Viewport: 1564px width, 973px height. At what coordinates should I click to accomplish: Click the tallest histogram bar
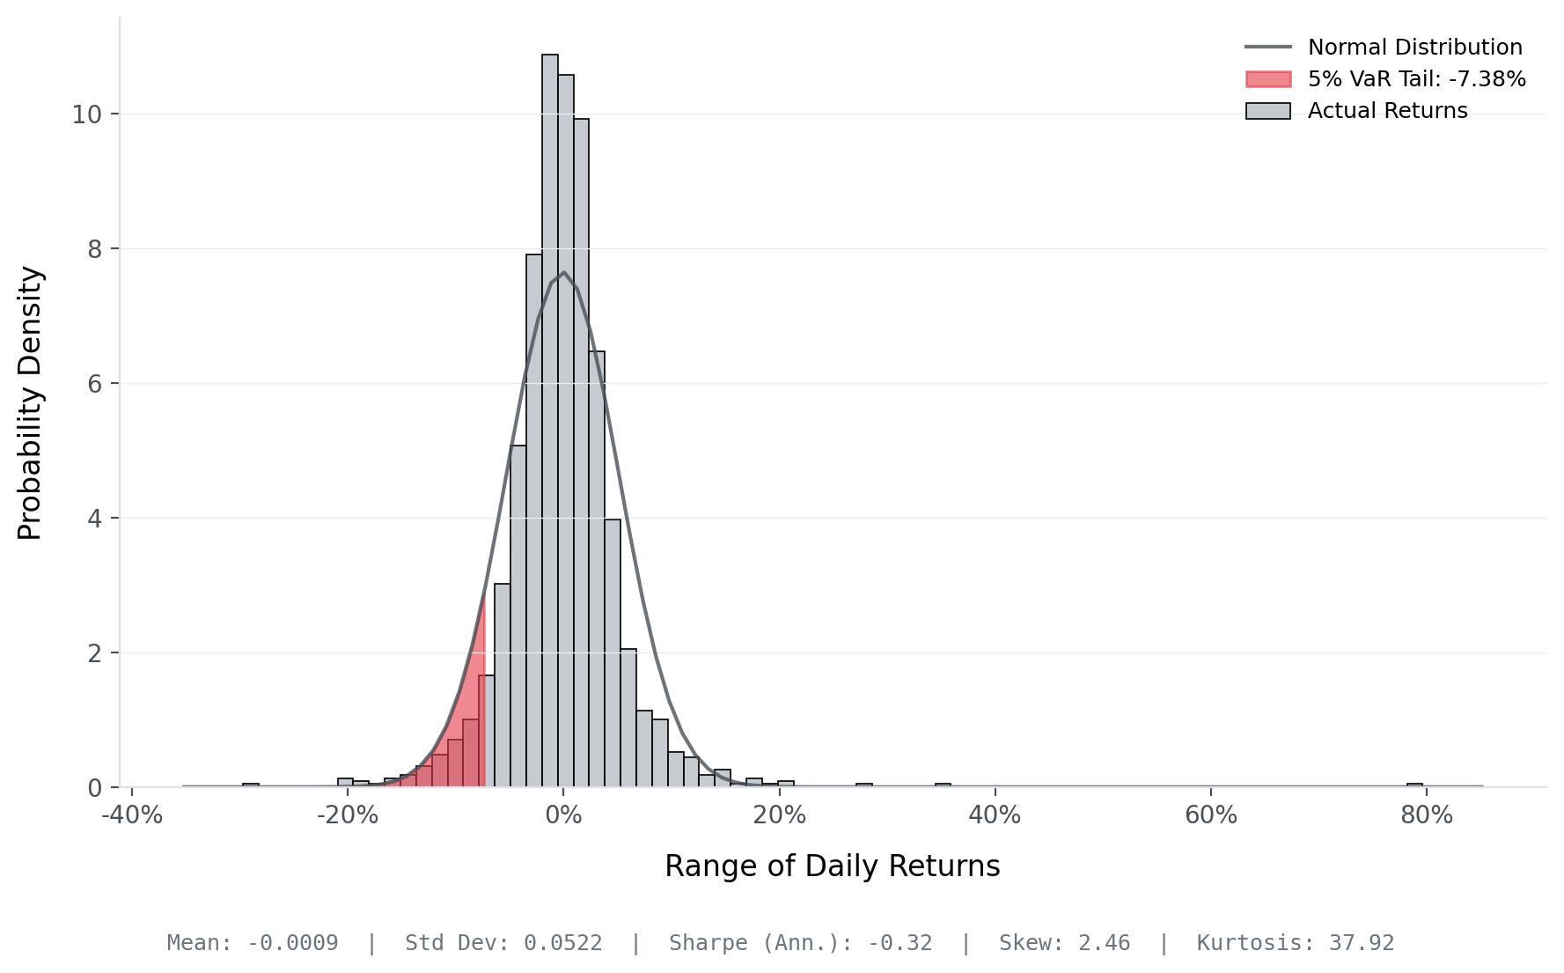(x=550, y=420)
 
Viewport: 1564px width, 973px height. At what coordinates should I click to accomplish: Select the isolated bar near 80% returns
(x=1414, y=785)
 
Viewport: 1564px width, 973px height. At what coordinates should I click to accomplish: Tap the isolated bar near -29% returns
(x=251, y=785)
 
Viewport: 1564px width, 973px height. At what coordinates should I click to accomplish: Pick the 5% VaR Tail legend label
(x=1417, y=79)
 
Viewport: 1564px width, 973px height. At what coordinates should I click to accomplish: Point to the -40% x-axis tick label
(x=132, y=815)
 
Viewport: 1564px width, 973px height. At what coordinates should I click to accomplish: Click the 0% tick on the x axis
(x=563, y=815)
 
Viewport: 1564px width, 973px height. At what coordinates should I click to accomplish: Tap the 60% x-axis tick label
(x=1211, y=815)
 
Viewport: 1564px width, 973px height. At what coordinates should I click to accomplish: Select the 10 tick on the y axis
(x=86, y=114)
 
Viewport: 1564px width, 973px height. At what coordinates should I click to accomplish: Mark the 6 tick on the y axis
(x=94, y=384)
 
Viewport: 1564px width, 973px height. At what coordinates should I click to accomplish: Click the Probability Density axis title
(x=30, y=402)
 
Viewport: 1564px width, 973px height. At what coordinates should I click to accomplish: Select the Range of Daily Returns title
(x=833, y=866)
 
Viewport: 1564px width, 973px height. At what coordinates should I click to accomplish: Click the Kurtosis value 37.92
(x=1362, y=943)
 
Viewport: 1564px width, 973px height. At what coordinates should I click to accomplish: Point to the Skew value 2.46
(x=1104, y=943)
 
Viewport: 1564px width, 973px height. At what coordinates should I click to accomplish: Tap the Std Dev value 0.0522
(x=563, y=943)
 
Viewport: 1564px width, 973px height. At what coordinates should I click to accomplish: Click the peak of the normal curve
(x=563, y=272)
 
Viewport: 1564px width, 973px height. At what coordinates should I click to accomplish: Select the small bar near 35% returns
(x=943, y=785)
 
